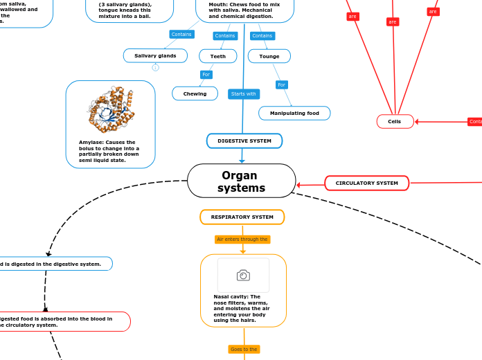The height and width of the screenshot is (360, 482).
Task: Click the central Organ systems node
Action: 241,181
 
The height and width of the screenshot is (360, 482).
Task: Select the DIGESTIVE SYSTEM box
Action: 244,141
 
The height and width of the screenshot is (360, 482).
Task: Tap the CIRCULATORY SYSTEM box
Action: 366,183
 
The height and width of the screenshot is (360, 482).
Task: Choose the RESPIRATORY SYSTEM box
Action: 242,217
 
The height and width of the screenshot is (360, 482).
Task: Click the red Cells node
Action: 395,121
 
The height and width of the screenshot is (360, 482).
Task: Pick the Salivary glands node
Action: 155,55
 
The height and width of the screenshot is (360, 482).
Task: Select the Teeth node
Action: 217,56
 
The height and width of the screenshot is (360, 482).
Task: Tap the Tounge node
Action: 269,56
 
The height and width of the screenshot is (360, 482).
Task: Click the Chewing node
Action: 195,93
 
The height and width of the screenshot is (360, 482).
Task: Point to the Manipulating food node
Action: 294,113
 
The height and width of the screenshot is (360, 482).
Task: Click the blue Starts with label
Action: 243,93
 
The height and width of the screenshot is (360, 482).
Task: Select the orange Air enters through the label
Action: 242,239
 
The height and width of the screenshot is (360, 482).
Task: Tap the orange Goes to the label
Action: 244,349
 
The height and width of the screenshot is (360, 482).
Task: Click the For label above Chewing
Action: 206,74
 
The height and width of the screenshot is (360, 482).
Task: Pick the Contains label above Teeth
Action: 225,35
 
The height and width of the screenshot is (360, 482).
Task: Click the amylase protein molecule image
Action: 110,109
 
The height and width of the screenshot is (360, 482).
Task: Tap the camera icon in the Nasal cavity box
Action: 243,276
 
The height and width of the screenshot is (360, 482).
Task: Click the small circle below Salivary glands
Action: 155,67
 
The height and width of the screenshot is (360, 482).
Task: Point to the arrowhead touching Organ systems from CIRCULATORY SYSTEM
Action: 298,185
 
